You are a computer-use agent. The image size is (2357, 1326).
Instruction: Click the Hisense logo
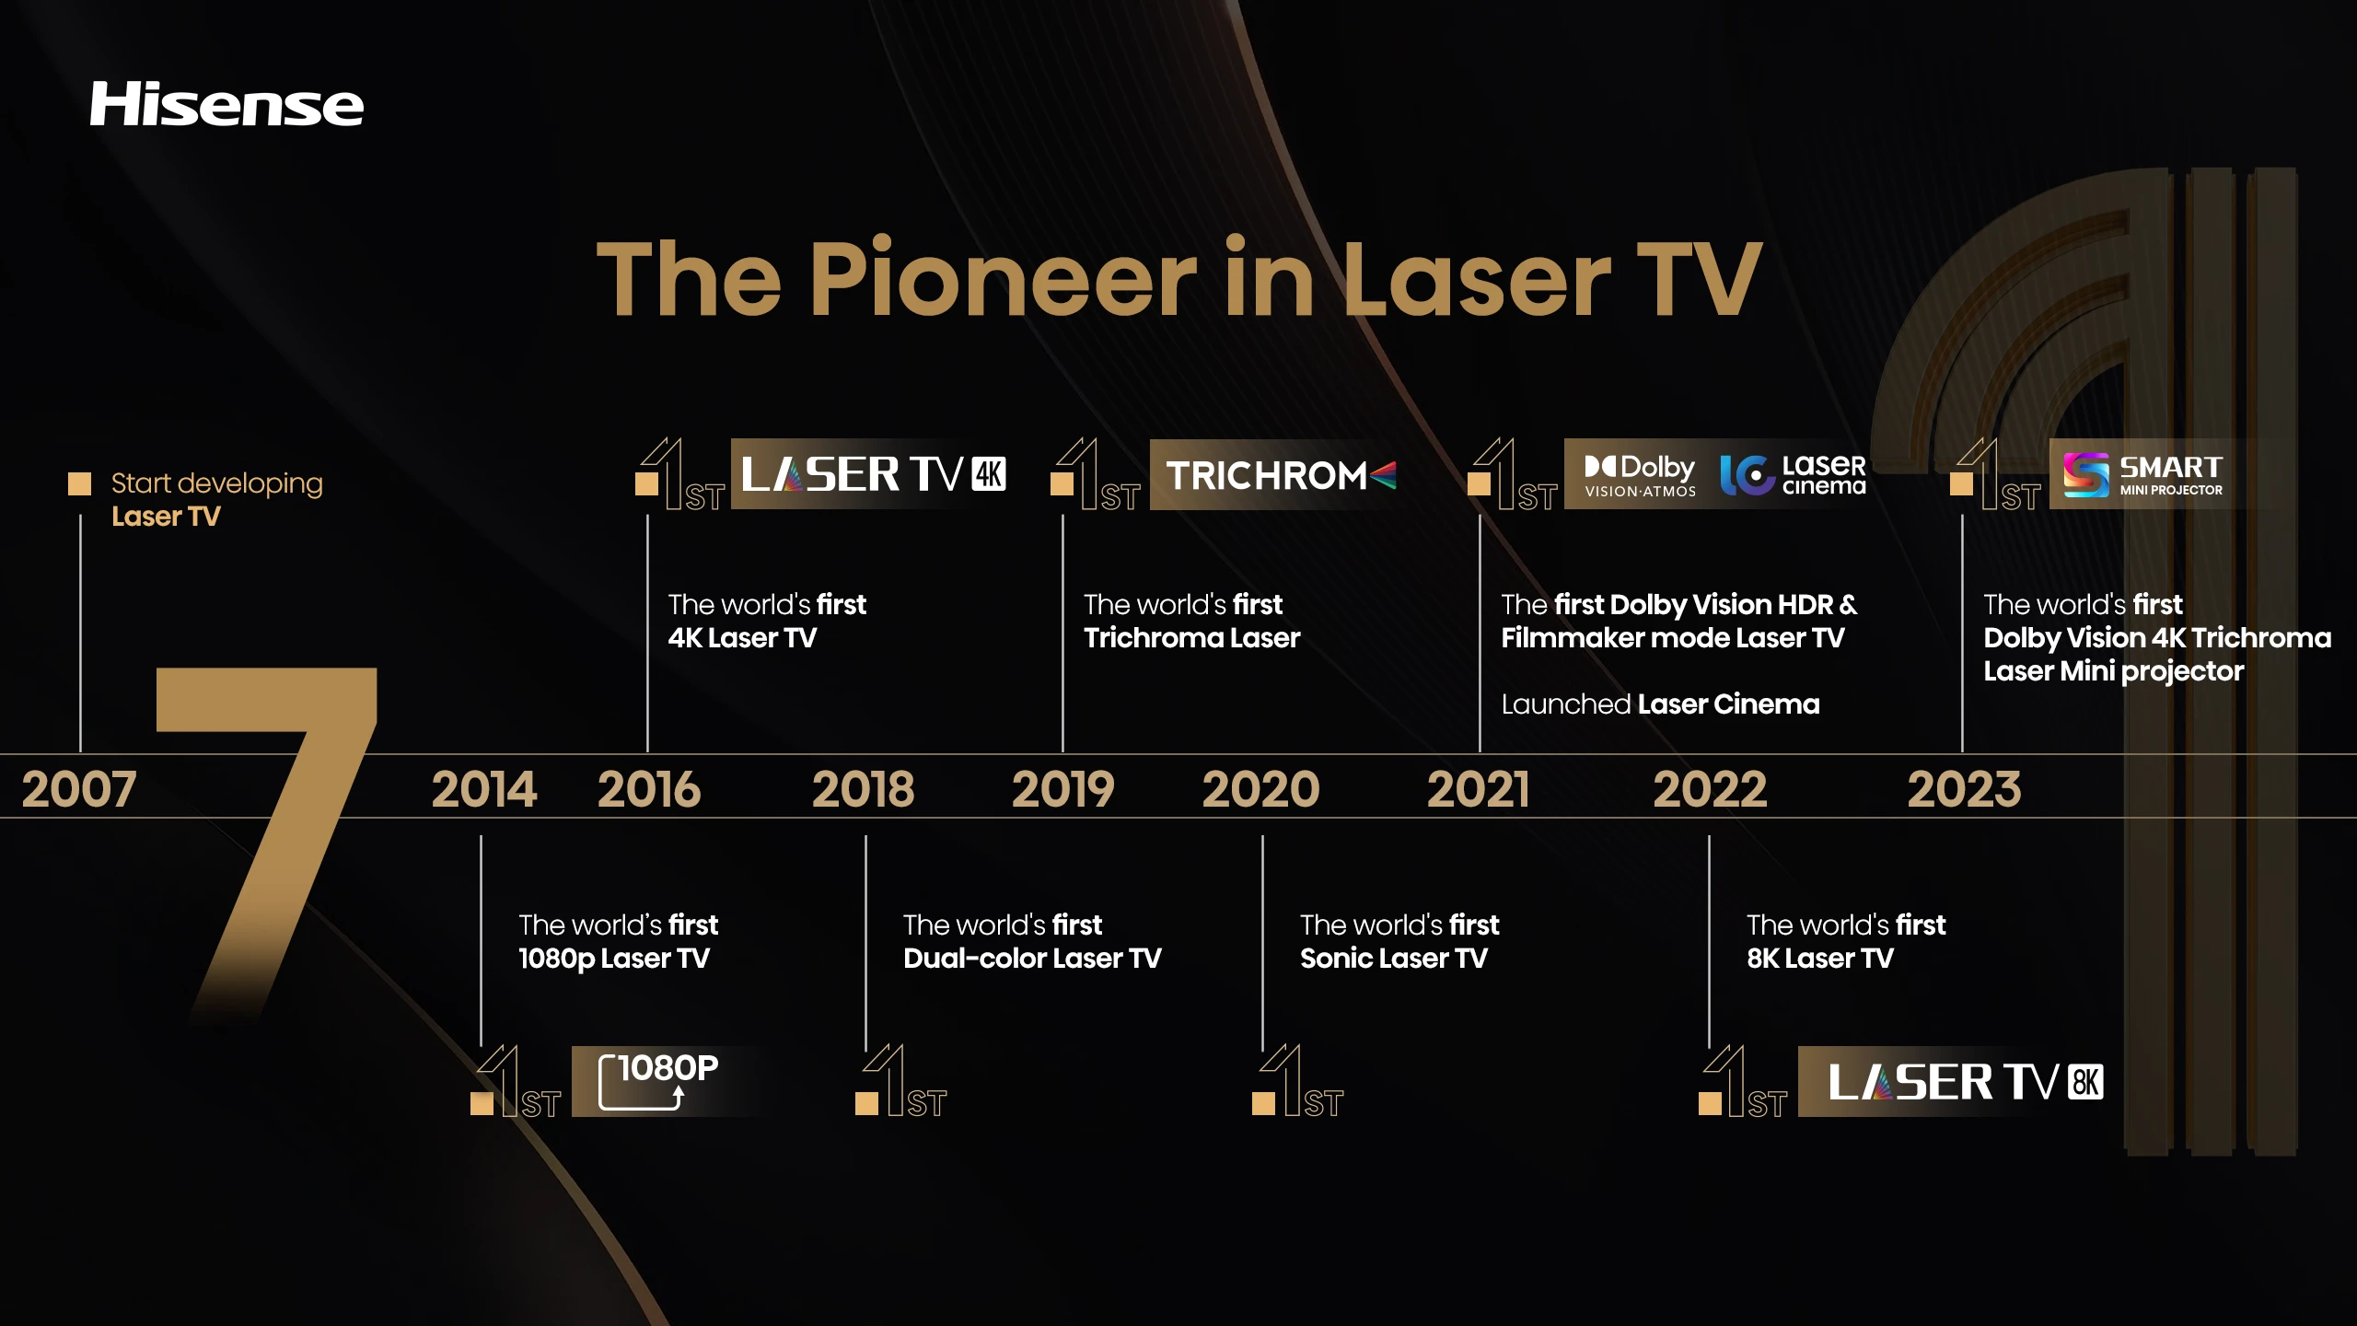click(226, 103)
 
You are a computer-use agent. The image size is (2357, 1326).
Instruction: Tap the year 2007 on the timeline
click(79, 789)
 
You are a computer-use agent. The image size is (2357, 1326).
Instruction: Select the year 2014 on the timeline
click(484, 789)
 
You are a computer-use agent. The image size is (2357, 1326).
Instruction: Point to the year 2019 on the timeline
click(1063, 789)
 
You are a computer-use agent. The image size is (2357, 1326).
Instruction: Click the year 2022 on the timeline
click(1710, 789)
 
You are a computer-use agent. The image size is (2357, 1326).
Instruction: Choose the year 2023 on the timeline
click(1964, 789)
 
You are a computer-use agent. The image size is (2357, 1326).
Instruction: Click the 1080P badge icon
click(657, 1081)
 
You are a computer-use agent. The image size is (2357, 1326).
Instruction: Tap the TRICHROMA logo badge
click(1281, 475)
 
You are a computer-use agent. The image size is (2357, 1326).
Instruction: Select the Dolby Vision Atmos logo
click(1640, 475)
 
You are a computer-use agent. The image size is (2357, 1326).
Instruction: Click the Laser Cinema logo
click(1793, 475)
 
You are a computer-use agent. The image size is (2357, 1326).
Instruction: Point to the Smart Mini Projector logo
click(2142, 475)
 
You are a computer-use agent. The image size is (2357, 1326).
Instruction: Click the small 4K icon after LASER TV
click(989, 474)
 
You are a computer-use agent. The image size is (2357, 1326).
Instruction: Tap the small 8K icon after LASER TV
click(2085, 1082)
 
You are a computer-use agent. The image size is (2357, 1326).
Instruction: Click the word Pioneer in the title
click(1003, 278)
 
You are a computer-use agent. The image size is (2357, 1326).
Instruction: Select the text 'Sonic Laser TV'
click(1393, 959)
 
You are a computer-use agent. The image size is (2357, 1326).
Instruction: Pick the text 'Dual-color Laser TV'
click(1032, 959)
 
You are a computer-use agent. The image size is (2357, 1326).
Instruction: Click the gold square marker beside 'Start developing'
click(80, 483)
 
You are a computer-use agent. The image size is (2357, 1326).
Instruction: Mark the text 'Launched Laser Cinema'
click(1660, 704)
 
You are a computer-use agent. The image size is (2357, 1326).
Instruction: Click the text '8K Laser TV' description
click(1819, 959)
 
